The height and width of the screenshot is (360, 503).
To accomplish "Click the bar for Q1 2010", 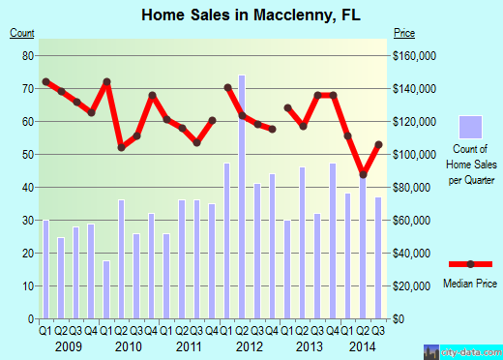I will point(106,289).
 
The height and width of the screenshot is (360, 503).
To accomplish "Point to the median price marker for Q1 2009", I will point(45,81).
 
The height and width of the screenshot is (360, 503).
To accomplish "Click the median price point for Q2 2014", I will point(364,175).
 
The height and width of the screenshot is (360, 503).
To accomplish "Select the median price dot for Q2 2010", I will point(122,147).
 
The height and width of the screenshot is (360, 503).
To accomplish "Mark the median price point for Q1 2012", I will point(227,87).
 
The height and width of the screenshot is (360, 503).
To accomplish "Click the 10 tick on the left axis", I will point(28,285).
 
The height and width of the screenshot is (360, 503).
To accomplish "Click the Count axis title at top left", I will point(22,34).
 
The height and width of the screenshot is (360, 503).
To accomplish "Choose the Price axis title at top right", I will point(405,34).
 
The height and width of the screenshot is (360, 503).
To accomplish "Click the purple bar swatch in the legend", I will point(471,128).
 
